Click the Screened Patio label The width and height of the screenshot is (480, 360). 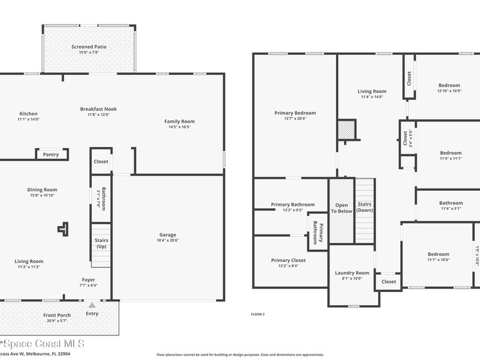click(89, 47)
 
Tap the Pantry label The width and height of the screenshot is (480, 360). click(51, 155)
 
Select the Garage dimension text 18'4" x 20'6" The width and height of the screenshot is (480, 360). click(167, 240)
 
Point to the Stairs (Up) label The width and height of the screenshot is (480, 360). click(102, 243)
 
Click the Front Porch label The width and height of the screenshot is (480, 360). click(57, 315)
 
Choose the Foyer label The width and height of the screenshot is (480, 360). click(89, 280)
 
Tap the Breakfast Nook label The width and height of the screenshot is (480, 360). click(98, 109)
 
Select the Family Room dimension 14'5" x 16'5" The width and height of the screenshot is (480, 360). click(179, 127)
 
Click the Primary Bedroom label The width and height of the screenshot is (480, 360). click(295, 113)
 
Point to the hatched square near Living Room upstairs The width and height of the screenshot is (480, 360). click(347, 130)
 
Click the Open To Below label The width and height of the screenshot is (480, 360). click(341, 208)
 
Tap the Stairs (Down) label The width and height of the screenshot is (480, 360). click(365, 207)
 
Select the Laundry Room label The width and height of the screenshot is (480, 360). click(352, 273)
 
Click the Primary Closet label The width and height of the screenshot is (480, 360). click(288, 260)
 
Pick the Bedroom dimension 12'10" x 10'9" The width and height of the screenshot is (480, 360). click(449, 91)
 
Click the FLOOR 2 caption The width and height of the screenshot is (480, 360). click(258, 315)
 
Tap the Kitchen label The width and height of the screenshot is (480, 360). click(28, 114)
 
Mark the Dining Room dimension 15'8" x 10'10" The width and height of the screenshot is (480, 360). click(42, 195)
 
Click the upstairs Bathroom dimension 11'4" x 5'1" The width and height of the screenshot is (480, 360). click(450, 209)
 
